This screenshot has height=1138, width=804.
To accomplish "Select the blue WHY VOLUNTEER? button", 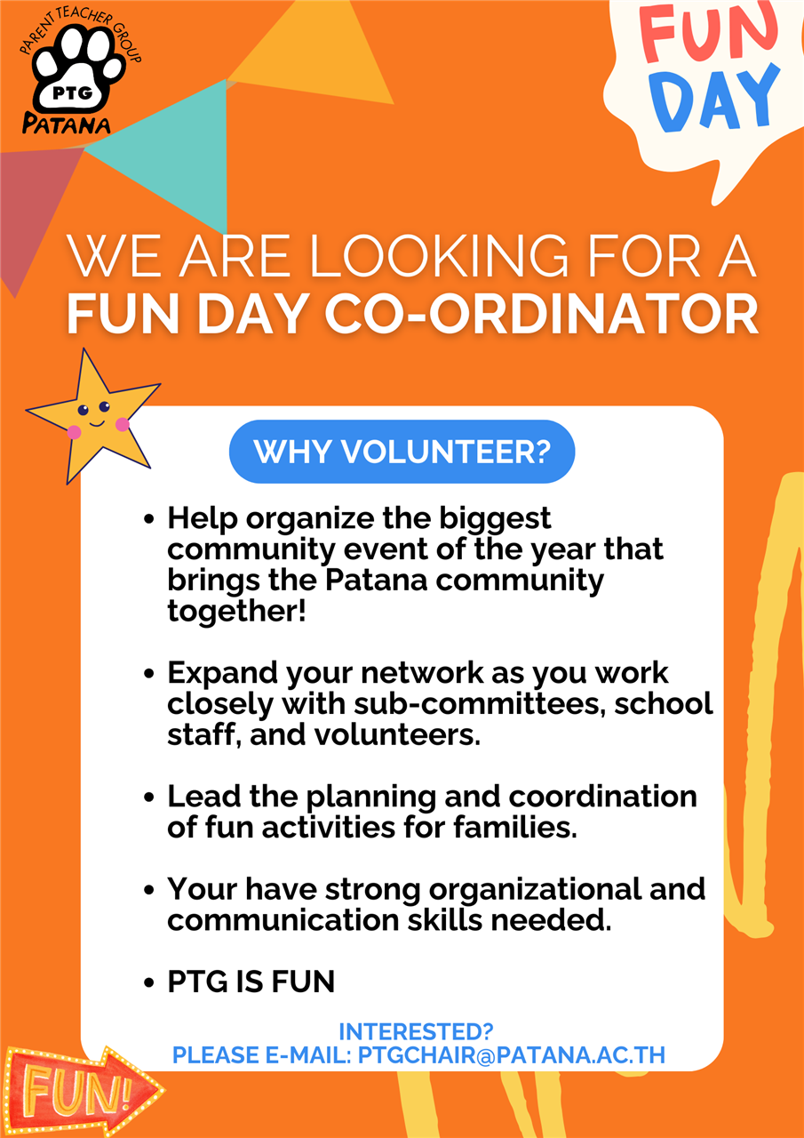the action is click(x=402, y=451).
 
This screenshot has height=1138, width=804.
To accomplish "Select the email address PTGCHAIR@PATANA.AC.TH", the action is click(x=512, y=1055).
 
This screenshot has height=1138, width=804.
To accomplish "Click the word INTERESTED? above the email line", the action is click(x=416, y=1032).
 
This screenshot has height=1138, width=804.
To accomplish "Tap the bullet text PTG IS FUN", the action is click(x=251, y=981).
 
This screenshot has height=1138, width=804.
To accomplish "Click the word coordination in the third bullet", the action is click(x=603, y=796).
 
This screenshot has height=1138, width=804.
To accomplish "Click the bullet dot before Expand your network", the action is click(x=148, y=674).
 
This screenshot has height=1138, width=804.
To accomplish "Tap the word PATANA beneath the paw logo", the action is click(x=66, y=124).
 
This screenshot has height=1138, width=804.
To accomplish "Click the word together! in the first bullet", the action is click(x=236, y=612).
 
